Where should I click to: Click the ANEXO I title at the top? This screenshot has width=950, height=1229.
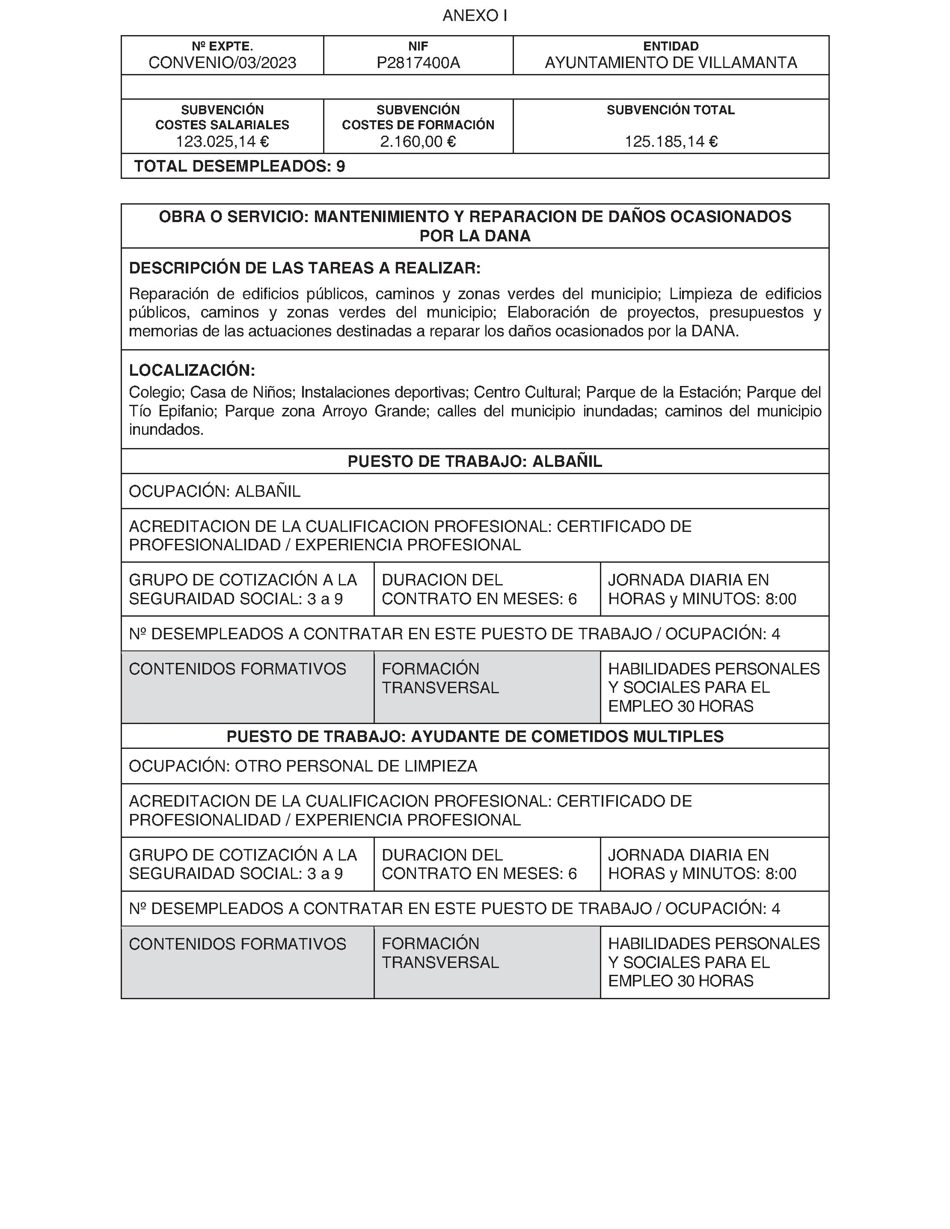tap(475, 16)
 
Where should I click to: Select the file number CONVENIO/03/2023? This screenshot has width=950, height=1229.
tap(222, 63)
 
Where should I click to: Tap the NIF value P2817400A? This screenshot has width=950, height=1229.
tap(418, 63)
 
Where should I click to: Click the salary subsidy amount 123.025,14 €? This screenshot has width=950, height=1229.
tap(222, 142)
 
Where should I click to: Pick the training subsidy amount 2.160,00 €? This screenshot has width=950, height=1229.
tap(418, 142)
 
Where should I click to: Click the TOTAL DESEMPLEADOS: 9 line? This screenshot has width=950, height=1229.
tap(239, 166)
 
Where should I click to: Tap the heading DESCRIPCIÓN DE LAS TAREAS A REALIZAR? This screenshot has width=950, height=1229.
tap(305, 268)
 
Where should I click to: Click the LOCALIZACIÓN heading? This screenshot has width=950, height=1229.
tap(192, 370)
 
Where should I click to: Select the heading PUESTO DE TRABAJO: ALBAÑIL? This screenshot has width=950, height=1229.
tap(475, 461)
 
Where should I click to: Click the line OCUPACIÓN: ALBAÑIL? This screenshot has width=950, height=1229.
tap(214, 492)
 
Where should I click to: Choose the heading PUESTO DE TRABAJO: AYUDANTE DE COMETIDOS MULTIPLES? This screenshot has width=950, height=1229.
tap(475, 736)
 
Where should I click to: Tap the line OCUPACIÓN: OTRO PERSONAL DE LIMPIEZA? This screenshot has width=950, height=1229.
tap(303, 766)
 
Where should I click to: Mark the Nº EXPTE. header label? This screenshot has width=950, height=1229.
tap(222, 46)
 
